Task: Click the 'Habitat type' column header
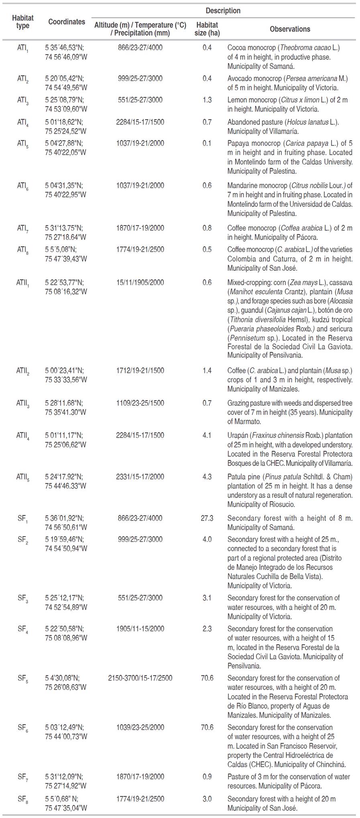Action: coord(22,22)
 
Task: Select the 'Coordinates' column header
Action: coord(67,22)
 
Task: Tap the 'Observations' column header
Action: coord(290,29)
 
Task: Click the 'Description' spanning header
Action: coord(223,11)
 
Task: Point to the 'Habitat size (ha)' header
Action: coord(207,29)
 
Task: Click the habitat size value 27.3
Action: coord(207,518)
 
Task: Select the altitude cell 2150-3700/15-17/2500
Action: coord(140,678)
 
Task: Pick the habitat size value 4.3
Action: coord(207,477)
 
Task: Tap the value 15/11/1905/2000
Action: coord(140,282)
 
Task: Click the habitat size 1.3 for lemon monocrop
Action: coord(207,100)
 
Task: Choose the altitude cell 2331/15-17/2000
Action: coord(140,477)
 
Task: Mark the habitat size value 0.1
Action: coord(207,143)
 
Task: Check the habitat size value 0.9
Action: coord(207,777)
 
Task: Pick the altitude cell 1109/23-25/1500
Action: coord(140,403)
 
